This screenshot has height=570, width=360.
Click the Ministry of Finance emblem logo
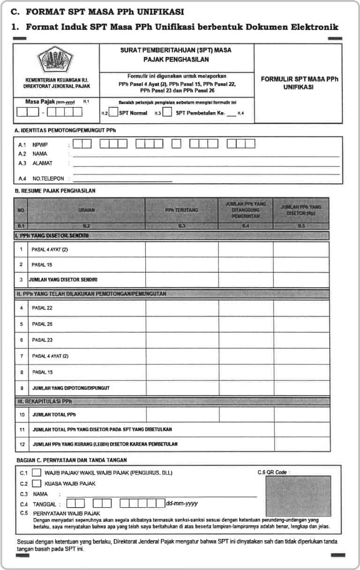(56, 60)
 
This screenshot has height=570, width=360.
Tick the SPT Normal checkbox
(113, 113)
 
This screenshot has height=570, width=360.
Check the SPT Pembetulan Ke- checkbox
(167, 113)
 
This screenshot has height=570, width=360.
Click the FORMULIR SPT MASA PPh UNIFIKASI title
(300, 83)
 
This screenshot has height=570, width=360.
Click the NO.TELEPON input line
(122, 179)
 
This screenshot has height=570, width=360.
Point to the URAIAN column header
(86, 210)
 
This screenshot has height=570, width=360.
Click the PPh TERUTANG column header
(181, 210)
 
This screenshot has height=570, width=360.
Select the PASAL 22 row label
(42, 308)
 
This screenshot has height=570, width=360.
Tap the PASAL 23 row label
(42, 340)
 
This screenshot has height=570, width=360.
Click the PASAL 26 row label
(42, 324)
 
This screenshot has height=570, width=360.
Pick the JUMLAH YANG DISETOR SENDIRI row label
(63, 280)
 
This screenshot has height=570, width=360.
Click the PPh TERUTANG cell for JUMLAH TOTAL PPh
(182, 415)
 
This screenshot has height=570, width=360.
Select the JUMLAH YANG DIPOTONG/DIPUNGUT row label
(71, 388)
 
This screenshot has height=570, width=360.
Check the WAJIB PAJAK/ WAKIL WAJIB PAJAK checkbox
(37, 473)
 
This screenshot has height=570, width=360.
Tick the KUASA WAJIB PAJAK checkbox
(37, 483)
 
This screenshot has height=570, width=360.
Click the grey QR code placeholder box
(298, 497)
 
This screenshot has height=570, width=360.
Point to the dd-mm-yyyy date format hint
(182, 503)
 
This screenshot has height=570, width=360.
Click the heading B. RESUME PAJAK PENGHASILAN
(55, 191)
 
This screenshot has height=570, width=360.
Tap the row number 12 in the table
(22, 444)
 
